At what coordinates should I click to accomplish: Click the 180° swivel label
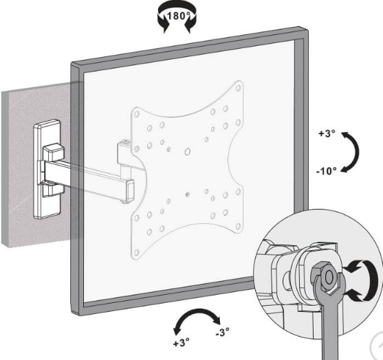[178, 16]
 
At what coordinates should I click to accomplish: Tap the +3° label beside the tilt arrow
[327, 133]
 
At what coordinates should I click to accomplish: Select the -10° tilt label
[327, 171]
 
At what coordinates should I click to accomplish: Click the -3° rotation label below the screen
[222, 332]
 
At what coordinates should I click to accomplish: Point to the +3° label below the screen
[182, 342]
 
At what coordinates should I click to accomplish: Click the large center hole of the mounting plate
[187, 152]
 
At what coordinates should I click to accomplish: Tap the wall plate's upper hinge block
[54, 152]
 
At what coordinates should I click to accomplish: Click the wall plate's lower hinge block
[52, 189]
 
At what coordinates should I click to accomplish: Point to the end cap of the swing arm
[130, 190]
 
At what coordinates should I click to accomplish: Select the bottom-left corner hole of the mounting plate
[136, 253]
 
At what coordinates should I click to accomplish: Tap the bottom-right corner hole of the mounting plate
[238, 226]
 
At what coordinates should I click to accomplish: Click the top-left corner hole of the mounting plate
[137, 114]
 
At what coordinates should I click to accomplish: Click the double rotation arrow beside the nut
[364, 281]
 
